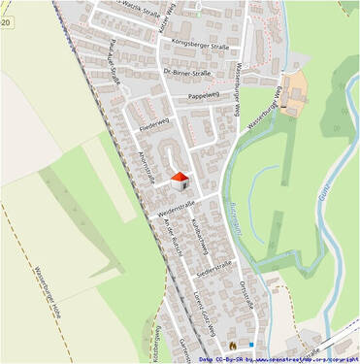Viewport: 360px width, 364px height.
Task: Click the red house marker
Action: click(x=180, y=180)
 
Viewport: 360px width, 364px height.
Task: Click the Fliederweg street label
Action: click(x=154, y=127)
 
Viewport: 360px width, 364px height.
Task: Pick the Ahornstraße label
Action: click(x=147, y=168)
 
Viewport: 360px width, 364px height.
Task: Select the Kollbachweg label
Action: click(x=199, y=236)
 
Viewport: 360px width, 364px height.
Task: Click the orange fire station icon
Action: click(x=232, y=344)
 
